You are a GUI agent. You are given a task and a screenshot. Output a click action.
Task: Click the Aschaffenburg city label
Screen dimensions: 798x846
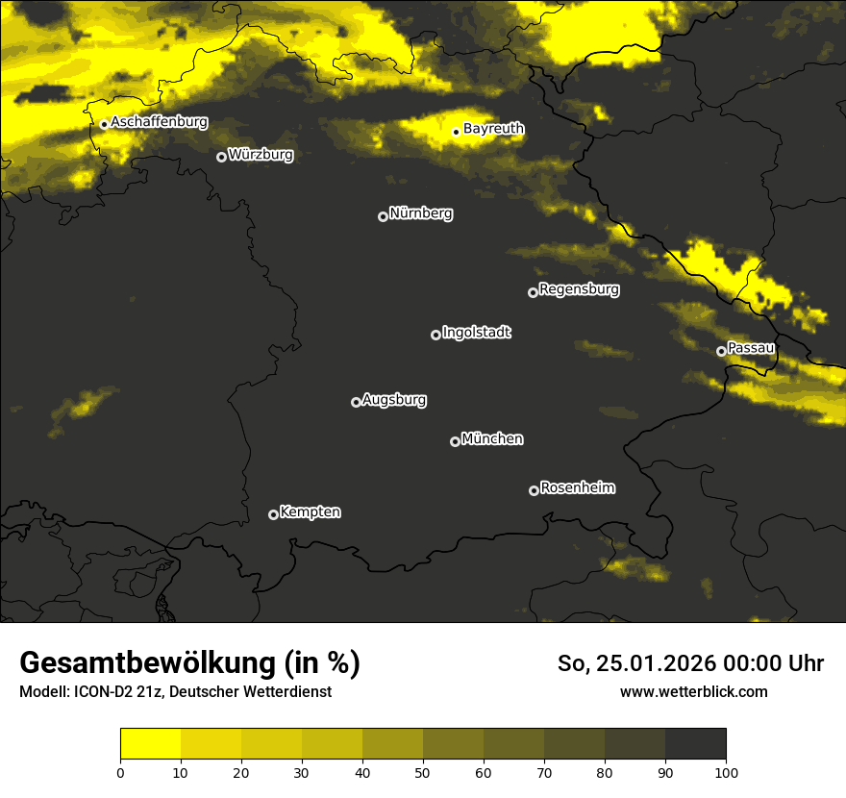point(159,122)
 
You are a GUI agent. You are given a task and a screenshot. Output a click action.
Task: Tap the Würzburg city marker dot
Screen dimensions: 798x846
point(221,157)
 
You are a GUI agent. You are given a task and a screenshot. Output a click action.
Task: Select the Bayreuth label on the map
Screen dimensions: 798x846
point(493,128)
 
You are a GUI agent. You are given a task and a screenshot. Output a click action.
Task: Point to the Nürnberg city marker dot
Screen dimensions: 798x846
point(383,216)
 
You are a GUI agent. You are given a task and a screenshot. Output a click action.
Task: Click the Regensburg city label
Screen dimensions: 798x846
point(579,288)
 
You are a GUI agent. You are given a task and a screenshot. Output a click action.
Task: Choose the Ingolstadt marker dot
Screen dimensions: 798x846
point(435,335)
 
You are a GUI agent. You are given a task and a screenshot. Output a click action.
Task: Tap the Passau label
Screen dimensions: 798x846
point(751,347)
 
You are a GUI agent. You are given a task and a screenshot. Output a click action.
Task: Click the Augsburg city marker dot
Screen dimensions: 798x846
point(356,402)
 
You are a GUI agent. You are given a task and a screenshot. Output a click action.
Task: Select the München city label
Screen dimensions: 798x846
point(492,438)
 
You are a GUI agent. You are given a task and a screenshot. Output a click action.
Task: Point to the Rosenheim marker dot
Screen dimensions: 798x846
point(534,490)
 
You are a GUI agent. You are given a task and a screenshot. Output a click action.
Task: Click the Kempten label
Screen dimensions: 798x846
point(310,511)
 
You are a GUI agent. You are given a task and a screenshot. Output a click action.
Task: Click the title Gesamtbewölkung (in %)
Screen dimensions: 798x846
point(189,662)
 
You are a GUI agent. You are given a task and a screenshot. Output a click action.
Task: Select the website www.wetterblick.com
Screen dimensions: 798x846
point(693,691)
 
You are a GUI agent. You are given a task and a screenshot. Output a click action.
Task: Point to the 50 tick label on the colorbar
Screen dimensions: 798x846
point(423,771)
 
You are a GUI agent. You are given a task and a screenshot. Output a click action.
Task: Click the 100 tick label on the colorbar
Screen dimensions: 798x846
point(725,771)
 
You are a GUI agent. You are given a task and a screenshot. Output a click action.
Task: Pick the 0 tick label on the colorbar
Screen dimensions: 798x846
point(120,771)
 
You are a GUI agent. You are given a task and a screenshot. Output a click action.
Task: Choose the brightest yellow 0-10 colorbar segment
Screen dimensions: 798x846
point(150,744)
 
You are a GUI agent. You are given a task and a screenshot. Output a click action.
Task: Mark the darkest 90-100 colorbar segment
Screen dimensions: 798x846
point(695,744)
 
